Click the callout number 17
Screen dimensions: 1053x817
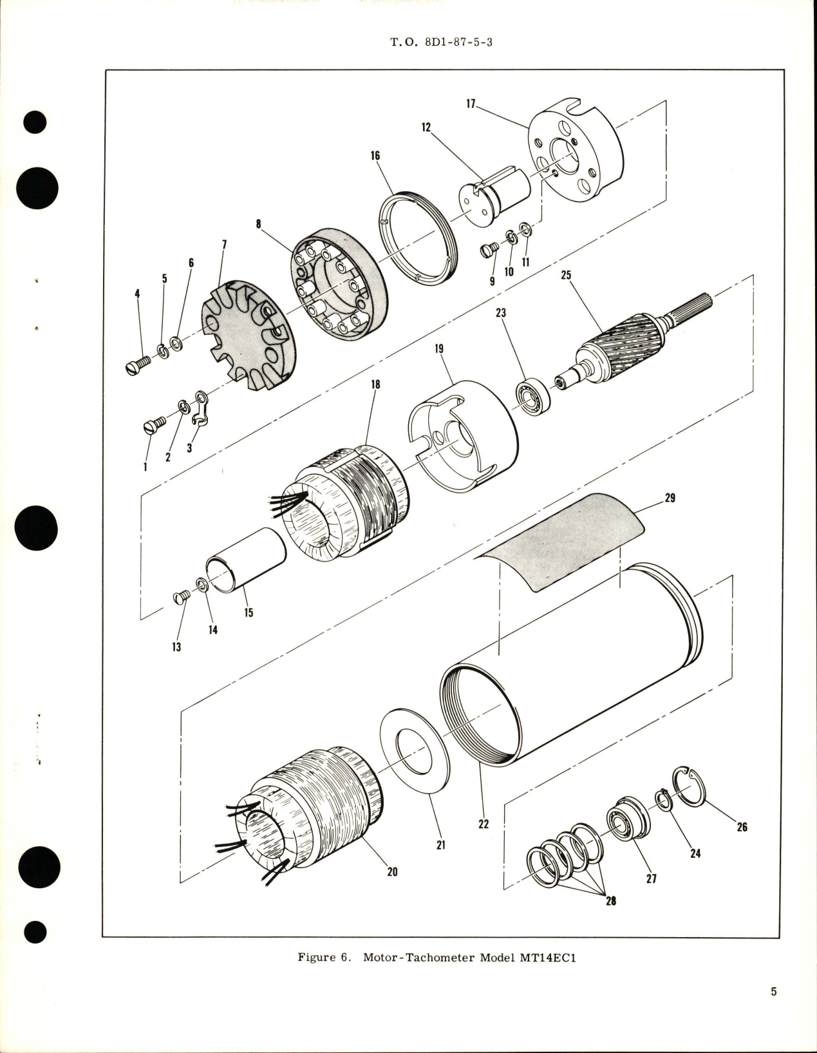click(x=471, y=103)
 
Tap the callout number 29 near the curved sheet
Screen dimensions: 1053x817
click(x=670, y=498)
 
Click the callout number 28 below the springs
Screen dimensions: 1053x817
click(x=610, y=900)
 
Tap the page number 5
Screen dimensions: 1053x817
click(x=773, y=1010)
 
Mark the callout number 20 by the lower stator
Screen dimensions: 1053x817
click(x=392, y=871)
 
